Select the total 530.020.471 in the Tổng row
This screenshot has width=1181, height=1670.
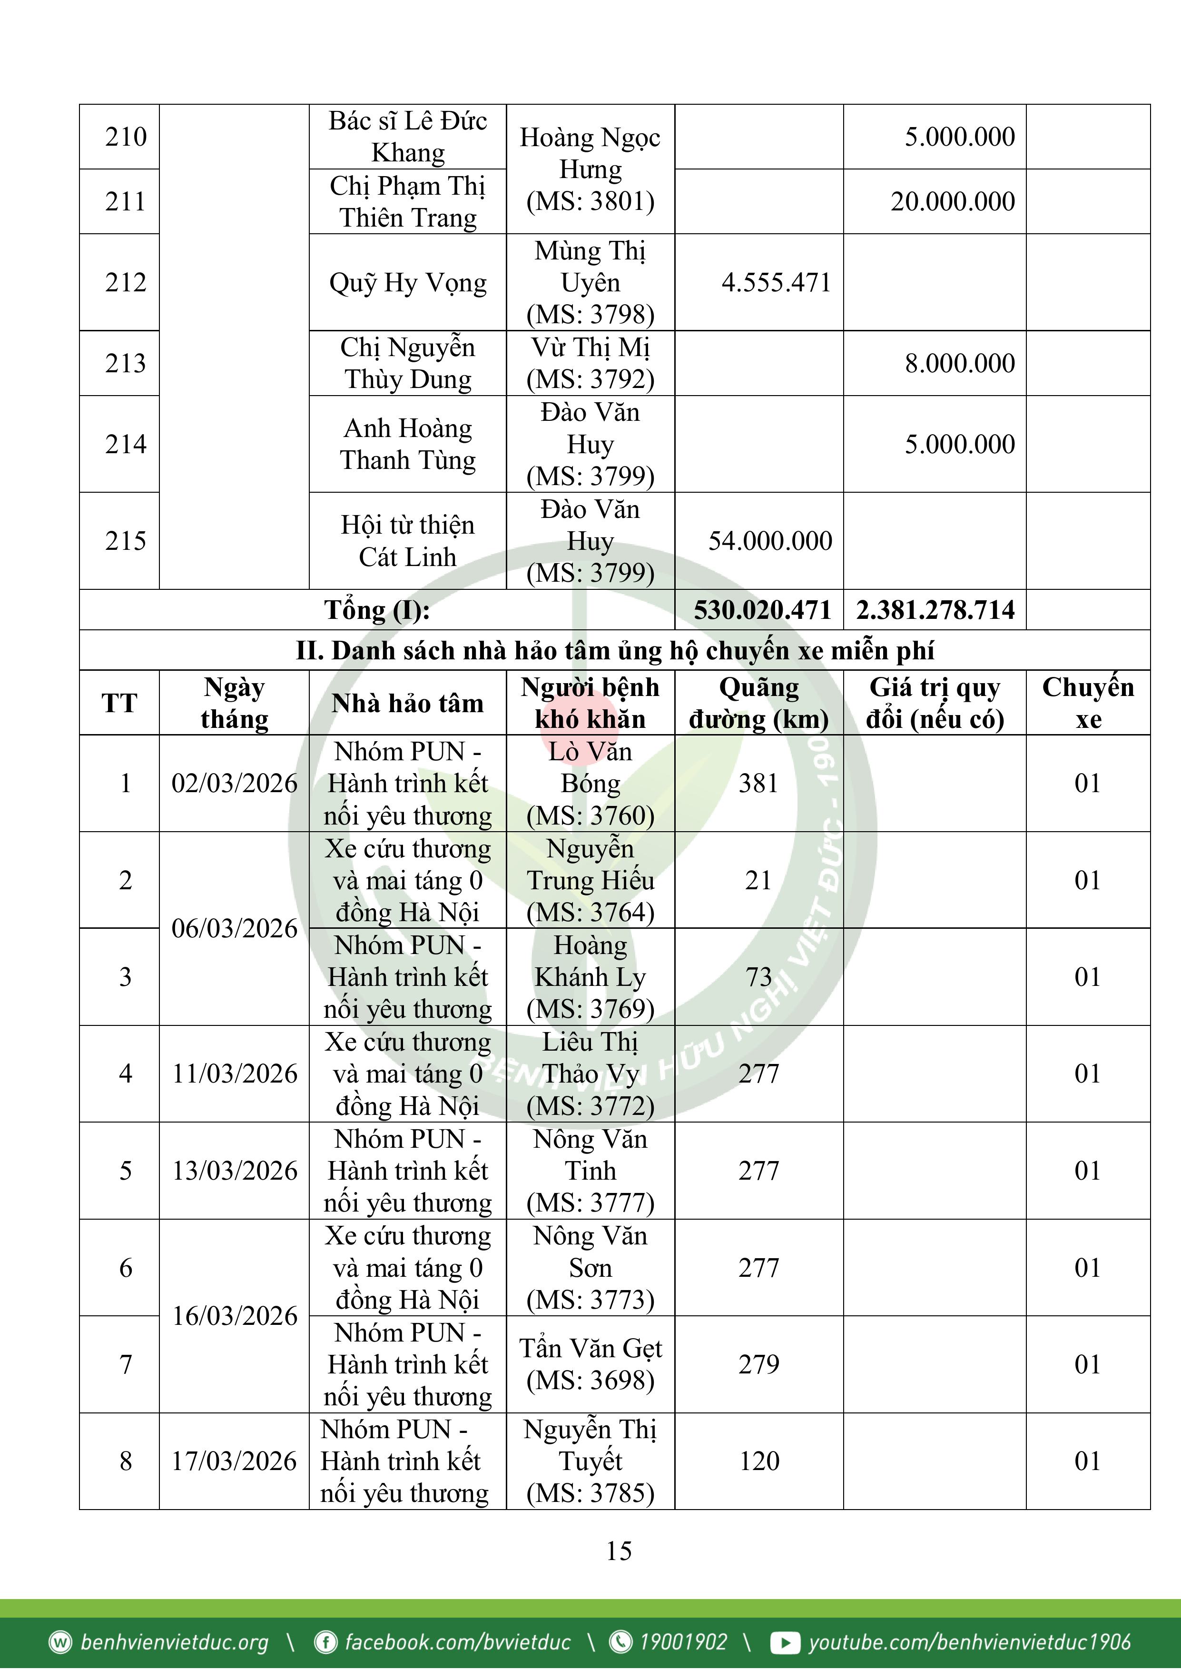pyautogui.click(x=761, y=609)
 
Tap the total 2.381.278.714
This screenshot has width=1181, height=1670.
pyautogui.click(x=935, y=609)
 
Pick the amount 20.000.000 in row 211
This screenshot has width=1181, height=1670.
pyautogui.click(x=952, y=201)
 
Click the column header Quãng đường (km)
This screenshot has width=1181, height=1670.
pyautogui.click(x=758, y=703)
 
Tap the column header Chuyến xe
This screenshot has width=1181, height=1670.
pyautogui.click(x=1087, y=703)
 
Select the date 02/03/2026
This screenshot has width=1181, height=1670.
pyautogui.click(x=234, y=784)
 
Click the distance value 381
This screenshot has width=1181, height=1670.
pyautogui.click(x=758, y=784)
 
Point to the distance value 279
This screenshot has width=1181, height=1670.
pyautogui.click(x=758, y=1364)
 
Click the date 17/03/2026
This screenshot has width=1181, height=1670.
pyautogui.click(x=234, y=1461)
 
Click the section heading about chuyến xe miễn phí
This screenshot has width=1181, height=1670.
pyautogui.click(x=614, y=650)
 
